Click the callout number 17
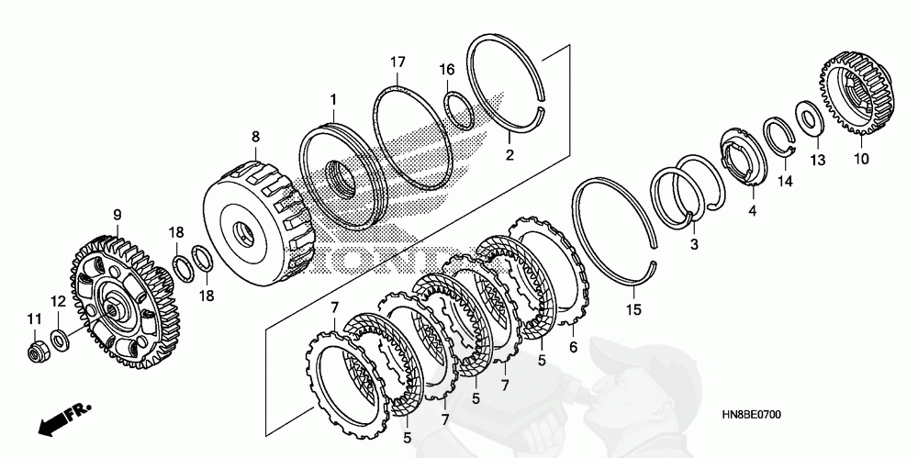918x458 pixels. [x=397, y=62]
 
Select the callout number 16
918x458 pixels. [x=446, y=70]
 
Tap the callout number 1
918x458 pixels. [x=334, y=98]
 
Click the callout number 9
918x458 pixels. [x=118, y=215]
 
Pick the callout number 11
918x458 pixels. [x=35, y=318]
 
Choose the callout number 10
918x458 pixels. [x=863, y=159]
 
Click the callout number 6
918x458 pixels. [x=574, y=348]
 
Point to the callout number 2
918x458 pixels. [x=509, y=157]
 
